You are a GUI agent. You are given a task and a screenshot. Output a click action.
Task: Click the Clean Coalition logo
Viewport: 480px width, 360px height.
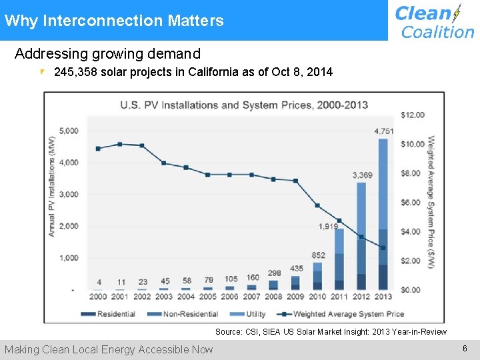(x=433, y=21)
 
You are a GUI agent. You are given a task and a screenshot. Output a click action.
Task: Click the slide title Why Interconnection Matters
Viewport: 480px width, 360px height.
(x=114, y=21)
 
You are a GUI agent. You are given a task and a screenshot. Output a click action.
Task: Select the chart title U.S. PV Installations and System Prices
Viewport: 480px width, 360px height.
(x=243, y=105)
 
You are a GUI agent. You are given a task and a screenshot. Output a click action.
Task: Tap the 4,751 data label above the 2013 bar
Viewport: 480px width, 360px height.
(x=383, y=131)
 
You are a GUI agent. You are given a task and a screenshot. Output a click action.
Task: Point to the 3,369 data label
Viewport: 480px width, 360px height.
(x=362, y=175)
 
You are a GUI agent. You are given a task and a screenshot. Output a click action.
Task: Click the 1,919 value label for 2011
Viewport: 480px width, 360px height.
(x=329, y=227)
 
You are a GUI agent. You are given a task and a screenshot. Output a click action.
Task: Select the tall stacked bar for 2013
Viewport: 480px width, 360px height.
(x=383, y=213)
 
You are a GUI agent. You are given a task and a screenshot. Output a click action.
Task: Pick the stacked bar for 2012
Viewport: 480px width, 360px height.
(x=361, y=237)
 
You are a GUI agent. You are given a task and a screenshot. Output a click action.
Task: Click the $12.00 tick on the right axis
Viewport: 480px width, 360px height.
(x=412, y=115)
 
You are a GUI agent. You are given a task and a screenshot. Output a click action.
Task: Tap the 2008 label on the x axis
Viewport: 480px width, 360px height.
(x=273, y=297)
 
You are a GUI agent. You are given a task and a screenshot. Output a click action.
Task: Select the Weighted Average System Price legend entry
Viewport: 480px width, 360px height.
(x=341, y=314)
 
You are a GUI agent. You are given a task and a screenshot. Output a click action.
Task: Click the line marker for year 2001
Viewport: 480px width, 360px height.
(x=120, y=144)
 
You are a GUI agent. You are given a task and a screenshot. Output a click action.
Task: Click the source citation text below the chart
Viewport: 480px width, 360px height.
(x=331, y=331)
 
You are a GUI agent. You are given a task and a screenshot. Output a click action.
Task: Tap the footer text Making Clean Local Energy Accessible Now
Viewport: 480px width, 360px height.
(x=109, y=349)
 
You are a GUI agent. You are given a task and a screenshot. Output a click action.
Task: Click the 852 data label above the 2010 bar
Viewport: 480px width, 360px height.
(x=318, y=255)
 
